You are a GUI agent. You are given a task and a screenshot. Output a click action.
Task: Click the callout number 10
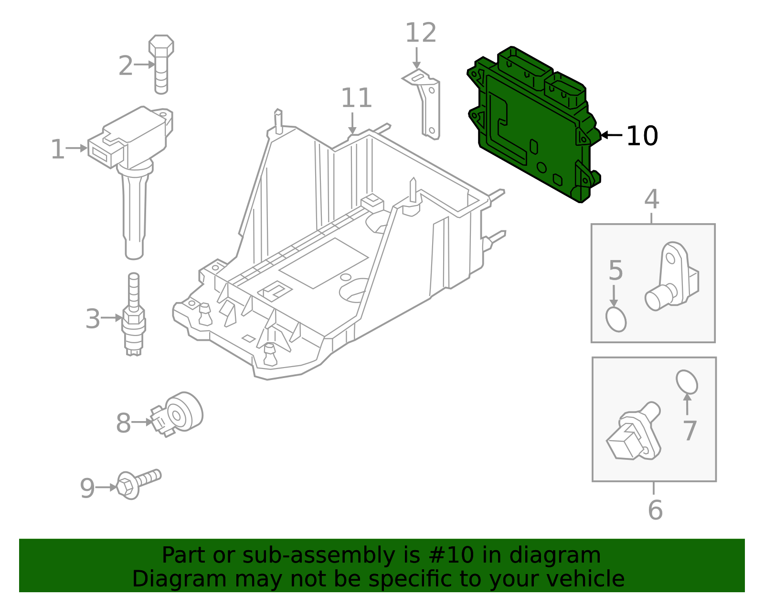coord(642,136)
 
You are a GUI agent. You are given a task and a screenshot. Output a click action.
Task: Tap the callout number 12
coord(421,33)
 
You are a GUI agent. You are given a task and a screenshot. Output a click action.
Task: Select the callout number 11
coord(356,98)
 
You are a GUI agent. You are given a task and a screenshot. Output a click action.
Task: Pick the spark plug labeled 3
coord(134,318)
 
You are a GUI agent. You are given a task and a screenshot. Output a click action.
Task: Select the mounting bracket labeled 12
coord(427,103)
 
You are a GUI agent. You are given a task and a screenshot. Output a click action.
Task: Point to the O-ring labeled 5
coord(616,319)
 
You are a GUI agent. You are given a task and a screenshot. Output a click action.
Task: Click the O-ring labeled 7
coord(687,381)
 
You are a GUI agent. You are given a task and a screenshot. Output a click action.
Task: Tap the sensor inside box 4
coord(671,277)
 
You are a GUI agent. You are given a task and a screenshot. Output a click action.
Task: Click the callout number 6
coord(655,510)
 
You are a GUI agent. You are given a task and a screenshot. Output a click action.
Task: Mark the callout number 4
coord(652,200)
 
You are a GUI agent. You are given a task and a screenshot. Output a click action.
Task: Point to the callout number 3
coord(93,319)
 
